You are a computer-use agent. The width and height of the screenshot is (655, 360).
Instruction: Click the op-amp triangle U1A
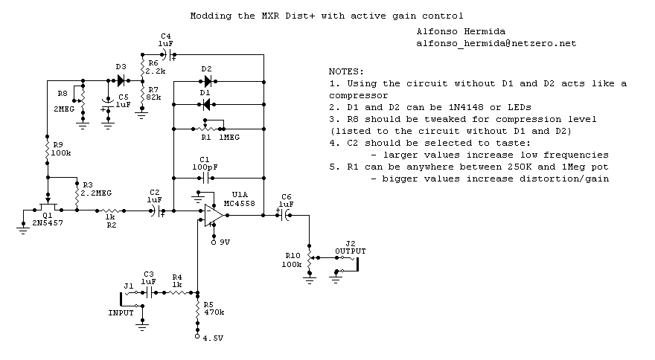[x=215, y=215]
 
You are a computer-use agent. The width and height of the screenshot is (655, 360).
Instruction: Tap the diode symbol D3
[x=120, y=79]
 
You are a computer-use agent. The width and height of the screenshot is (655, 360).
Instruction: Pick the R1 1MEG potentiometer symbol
[x=211, y=127]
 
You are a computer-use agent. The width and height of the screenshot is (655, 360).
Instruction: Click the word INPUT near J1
[x=121, y=312]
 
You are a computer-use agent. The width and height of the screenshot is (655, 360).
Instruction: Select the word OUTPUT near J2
[x=350, y=250]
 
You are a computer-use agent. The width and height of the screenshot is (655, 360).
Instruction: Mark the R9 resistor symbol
[x=48, y=151]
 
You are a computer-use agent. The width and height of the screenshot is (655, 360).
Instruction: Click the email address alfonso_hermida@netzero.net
[x=496, y=44]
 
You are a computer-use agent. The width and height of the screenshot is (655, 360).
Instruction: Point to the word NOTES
[x=345, y=71]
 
